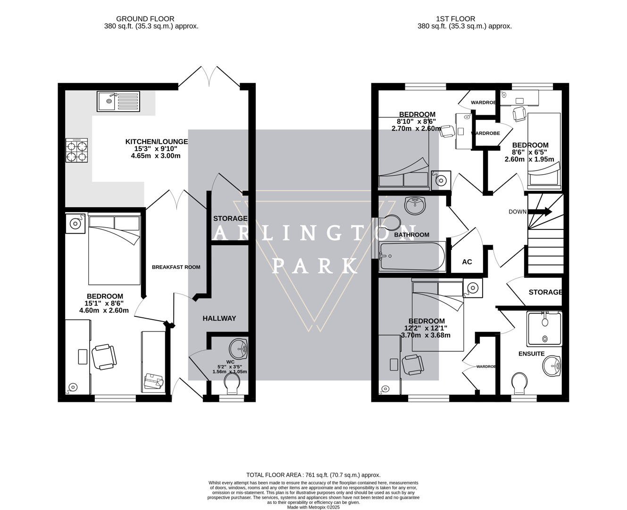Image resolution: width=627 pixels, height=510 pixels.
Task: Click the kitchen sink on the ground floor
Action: tap(118, 102)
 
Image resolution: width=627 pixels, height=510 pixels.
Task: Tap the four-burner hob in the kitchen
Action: tap(76, 151)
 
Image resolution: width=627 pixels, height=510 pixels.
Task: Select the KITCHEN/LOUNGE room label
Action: tap(156, 142)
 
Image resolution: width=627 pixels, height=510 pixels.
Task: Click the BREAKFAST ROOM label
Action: tap(176, 267)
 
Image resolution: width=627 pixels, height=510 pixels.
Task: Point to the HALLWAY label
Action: tap(219, 319)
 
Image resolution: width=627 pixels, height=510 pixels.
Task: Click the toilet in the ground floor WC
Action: tap(232, 383)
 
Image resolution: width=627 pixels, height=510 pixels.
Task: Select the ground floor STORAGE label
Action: tap(230, 219)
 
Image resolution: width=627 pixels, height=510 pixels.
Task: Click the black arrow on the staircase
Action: tap(541, 212)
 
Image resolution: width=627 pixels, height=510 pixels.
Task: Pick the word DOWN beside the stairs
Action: tap(517, 212)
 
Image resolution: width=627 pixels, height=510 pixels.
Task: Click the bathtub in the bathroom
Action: tap(412, 256)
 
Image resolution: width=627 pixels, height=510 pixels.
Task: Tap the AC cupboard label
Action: tap(467, 262)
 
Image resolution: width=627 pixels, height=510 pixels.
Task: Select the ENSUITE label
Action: tap(531, 354)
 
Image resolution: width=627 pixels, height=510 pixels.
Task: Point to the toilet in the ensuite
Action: tap(518, 383)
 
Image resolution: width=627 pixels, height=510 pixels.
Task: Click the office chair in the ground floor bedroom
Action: tap(103, 357)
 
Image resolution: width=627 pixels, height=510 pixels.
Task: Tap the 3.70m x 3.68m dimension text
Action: tap(425, 336)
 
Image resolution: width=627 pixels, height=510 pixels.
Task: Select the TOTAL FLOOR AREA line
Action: tap(313, 475)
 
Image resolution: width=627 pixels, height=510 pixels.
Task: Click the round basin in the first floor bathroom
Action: tap(415, 204)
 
